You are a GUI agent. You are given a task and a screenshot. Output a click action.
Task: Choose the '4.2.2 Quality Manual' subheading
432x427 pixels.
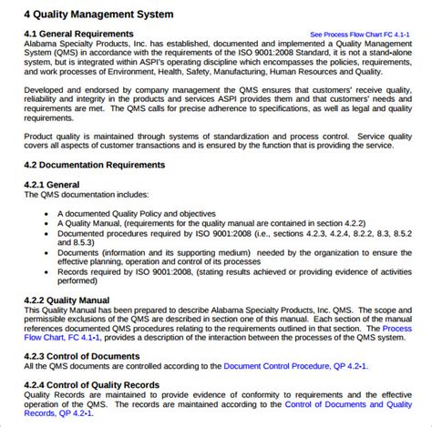pyautogui.click(x=67, y=300)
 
